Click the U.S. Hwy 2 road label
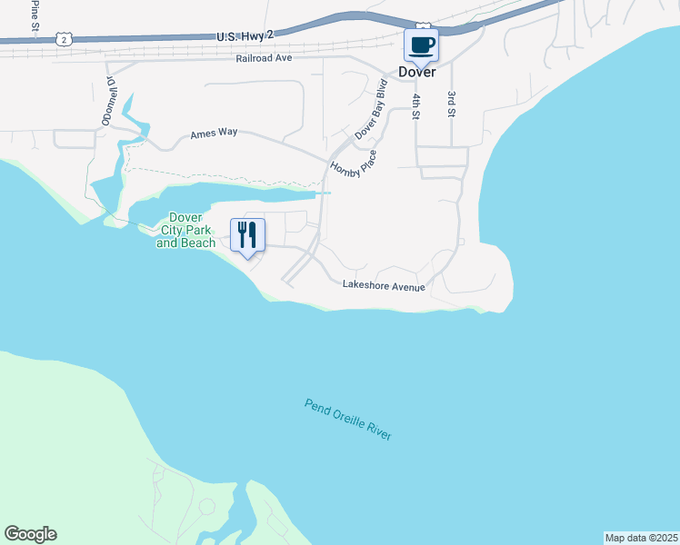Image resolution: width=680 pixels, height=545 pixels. click(x=245, y=35)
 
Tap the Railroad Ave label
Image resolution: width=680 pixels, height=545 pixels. click(x=263, y=57)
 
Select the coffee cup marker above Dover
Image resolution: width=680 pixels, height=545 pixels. click(x=421, y=45)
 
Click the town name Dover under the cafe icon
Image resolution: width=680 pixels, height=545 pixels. click(x=417, y=72)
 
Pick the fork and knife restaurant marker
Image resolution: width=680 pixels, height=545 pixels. click(x=247, y=235)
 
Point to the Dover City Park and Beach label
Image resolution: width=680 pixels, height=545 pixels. click(x=186, y=231)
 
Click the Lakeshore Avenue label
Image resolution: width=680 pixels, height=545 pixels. click(x=384, y=286)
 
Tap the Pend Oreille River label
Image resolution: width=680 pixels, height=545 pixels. click(x=348, y=420)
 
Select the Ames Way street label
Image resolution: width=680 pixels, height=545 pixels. click(x=214, y=133)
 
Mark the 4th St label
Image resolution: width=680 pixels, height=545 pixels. click(x=416, y=105)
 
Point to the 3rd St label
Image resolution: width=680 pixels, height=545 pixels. click(x=450, y=104)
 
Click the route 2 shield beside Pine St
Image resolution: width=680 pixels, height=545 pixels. click(x=62, y=38)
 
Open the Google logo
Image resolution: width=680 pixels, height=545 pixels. click(x=30, y=534)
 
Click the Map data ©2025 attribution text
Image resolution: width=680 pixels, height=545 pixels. click(x=641, y=538)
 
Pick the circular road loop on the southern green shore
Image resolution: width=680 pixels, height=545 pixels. click(x=206, y=506)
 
